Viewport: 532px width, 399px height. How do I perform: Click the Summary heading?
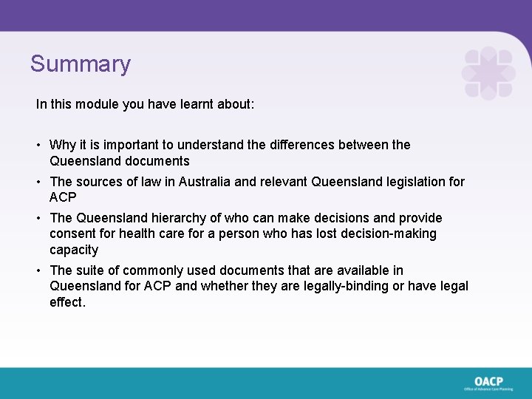[x=80, y=64]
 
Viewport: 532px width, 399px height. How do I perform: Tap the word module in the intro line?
[x=87, y=104]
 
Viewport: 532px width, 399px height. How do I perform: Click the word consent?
[x=72, y=233]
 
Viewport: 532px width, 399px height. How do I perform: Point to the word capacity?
[x=73, y=250]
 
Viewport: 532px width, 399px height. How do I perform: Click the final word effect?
[x=67, y=302]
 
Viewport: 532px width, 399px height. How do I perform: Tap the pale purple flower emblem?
[x=488, y=72]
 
